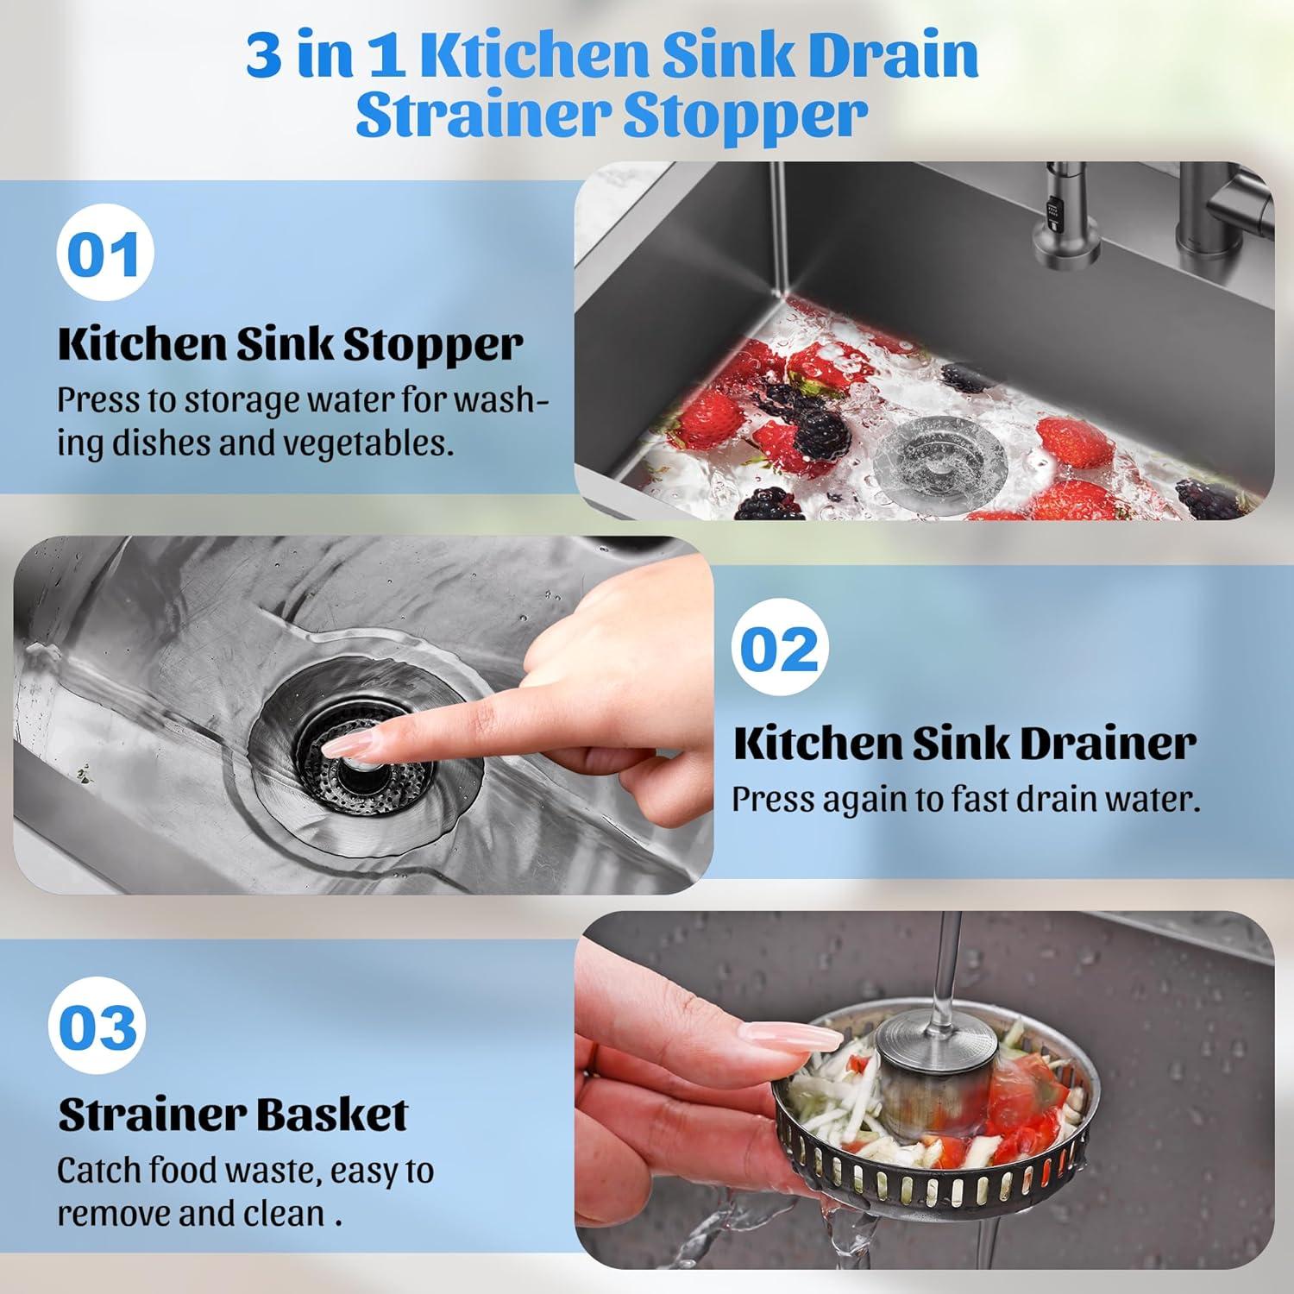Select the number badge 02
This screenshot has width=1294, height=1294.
click(780, 648)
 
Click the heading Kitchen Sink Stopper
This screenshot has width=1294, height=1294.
click(290, 343)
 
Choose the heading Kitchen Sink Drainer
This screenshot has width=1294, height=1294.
click(964, 743)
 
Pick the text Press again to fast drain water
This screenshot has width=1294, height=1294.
click(965, 799)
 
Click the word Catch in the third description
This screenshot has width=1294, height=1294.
click(99, 1171)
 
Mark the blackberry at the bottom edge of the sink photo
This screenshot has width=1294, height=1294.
click(769, 506)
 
